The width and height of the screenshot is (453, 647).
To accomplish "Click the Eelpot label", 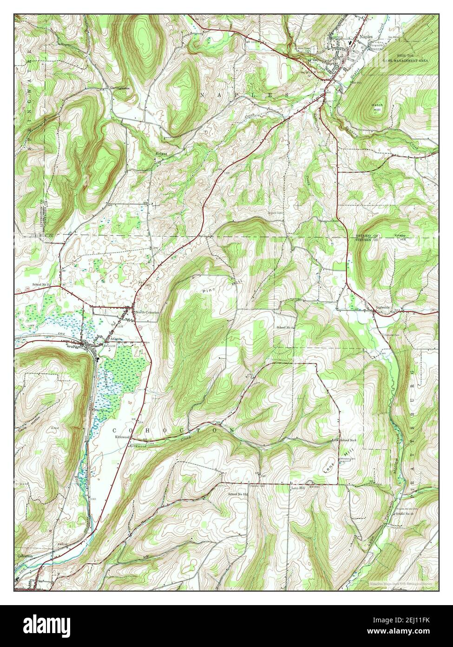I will (161, 153).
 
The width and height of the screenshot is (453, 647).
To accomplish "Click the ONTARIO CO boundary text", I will (362, 236).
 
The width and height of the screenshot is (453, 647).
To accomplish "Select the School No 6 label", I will (348, 440).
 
